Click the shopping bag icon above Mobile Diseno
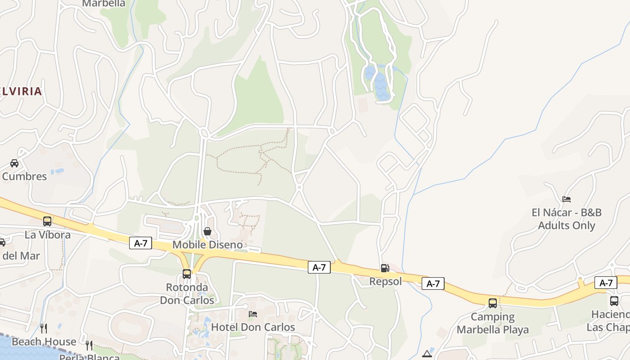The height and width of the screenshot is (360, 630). coord(207,231)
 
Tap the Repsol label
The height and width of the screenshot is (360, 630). coord(385,282)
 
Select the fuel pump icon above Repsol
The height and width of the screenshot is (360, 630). coord(385,268)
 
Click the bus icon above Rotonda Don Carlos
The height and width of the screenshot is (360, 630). coord(186,274)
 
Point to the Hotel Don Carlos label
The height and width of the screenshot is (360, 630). coord(253,327)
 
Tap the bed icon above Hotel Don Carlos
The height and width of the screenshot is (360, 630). coord(253,314)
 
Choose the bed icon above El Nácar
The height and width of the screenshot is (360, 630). coord(567,199)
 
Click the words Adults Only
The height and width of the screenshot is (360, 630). coord(567,225)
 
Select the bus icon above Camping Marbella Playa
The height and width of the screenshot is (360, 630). coord(493,303)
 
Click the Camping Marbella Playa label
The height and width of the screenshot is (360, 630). coord(493,323)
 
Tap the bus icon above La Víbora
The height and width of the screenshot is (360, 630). coord(47,221)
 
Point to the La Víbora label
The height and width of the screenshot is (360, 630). coord(47,235)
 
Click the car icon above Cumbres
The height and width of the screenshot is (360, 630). coord(14,163)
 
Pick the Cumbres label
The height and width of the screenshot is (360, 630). coord(24,176)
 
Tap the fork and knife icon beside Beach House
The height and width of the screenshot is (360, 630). coord(44,328)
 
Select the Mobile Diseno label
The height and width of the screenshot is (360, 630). coord(207,245)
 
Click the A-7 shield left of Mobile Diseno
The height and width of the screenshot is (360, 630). coord(141,243)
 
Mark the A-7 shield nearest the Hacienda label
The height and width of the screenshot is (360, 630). coord(606,283)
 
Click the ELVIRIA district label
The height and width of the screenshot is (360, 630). coord(21,91)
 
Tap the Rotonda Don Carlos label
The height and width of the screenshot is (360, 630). coord(187,293)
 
